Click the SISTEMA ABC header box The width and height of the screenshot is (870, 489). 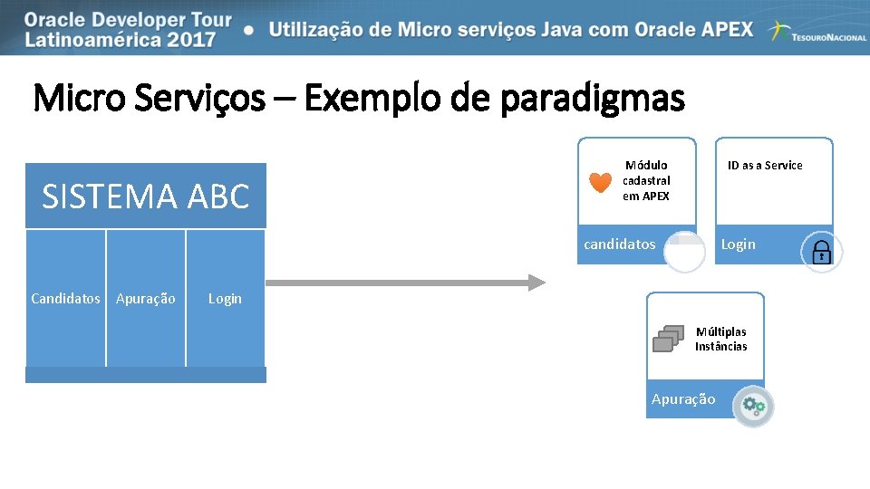(146, 196)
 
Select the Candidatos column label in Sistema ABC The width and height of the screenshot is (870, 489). (65, 298)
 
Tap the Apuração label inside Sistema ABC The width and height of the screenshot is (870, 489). (146, 298)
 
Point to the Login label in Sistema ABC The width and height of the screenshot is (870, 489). (225, 298)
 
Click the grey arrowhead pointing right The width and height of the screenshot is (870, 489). (536, 283)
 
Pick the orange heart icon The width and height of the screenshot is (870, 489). (600, 182)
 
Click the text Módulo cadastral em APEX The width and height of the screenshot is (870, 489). (646, 180)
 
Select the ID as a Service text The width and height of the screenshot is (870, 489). (765, 165)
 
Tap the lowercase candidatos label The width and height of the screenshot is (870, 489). (620, 244)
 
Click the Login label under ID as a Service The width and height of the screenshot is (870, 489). (738, 244)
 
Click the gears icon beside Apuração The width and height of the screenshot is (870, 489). (754, 407)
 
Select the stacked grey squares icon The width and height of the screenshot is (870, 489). (668, 338)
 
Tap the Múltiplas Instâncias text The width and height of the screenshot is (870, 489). (720, 339)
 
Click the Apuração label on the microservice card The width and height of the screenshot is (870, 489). (683, 399)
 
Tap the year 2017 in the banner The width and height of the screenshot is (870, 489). (188, 39)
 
